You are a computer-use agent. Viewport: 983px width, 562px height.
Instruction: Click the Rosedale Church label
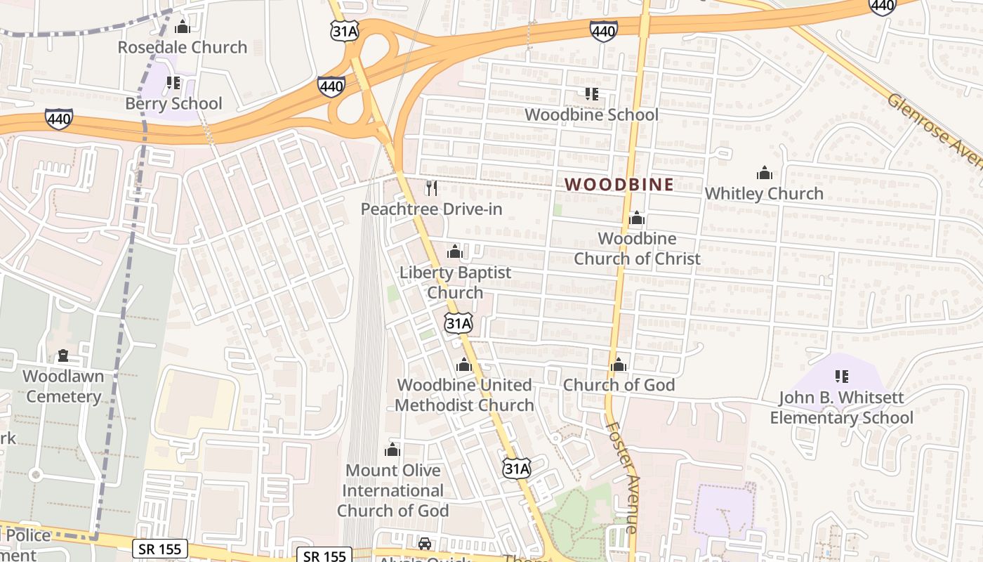point(183,48)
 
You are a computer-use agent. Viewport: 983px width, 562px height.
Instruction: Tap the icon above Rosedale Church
point(183,27)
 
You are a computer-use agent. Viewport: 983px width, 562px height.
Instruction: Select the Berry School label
point(173,104)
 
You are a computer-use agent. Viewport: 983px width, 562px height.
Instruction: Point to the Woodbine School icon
point(591,93)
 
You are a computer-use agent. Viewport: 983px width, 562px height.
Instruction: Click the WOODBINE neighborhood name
point(619,185)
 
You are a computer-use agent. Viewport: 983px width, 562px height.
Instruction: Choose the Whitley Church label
point(764,194)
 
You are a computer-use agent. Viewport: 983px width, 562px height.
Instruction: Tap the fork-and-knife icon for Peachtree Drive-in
point(432,188)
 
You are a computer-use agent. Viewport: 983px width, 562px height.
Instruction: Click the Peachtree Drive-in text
point(432,209)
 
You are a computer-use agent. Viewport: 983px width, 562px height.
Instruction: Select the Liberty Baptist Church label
point(456,282)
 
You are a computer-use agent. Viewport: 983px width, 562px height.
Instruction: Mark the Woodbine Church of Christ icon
point(637,218)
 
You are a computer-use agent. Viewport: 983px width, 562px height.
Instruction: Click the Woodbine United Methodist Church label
point(464,396)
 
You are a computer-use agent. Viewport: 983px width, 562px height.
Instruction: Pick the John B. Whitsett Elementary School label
point(842,408)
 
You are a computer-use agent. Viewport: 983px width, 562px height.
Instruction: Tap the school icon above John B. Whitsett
point(842,377)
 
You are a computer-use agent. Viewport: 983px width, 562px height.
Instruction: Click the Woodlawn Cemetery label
point(63,386)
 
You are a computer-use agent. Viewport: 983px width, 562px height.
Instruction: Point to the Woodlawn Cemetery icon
point(63,356)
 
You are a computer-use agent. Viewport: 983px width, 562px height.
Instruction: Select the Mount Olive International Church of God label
point(392,490)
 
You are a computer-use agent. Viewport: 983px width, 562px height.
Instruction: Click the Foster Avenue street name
point(623,477)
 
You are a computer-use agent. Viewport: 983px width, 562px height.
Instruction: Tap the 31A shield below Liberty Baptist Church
point(458,323)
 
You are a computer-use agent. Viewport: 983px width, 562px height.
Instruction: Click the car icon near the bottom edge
point(425,544)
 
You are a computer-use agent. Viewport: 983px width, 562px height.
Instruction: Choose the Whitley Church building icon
point(764,173)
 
